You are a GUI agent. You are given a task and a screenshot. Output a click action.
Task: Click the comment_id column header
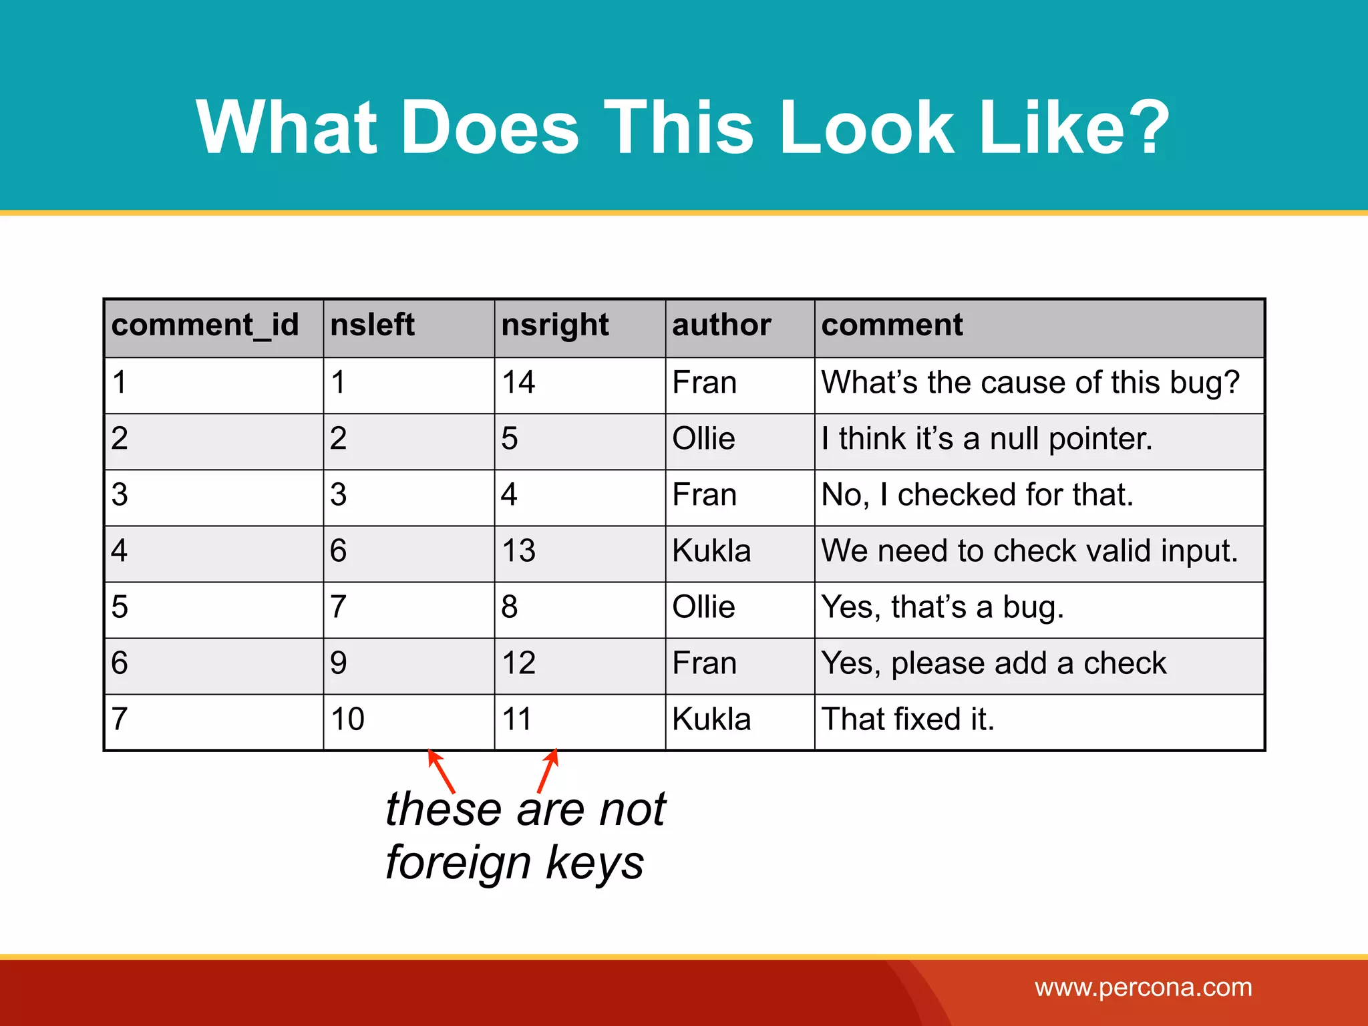click(x=204, y=326)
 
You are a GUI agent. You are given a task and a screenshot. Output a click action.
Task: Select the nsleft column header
click(x=372, y=325)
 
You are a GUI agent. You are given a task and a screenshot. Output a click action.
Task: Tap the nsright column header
click(x=554, y=326)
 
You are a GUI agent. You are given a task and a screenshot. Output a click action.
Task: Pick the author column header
click(x=721, y=325)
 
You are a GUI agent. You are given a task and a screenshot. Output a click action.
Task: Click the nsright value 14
click(x=518, y=383)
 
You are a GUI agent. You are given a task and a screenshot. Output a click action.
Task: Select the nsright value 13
click(x=518, y=551)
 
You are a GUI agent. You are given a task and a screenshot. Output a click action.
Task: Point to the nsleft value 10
click(x=347, y=719)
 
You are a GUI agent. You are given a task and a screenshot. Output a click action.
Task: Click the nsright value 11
click(x=516, y=719)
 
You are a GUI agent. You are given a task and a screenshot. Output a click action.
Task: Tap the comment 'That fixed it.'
click(x=908, y=719)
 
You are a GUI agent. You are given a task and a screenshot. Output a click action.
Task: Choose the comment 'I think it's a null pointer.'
click(x=987, y=439)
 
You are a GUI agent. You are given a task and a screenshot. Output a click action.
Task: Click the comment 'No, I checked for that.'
click(x=977, y=495)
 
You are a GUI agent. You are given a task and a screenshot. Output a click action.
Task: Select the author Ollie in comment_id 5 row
click(x=703, y=607)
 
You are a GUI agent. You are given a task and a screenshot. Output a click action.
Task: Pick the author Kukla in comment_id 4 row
click(x=711, y=551)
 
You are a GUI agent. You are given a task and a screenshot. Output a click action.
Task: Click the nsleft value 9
click(x=338, y=663)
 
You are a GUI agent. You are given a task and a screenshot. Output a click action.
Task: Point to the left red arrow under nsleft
click(x=441, y=771)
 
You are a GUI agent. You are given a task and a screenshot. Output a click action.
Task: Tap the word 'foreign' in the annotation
click(x=458, y=862)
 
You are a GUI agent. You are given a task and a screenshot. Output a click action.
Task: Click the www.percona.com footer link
click(x=1143, y=987)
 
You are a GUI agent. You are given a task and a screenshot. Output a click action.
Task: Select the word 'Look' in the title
click(x=866, y=127)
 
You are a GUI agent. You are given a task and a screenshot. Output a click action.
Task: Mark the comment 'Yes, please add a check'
click(x=993, y=663)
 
